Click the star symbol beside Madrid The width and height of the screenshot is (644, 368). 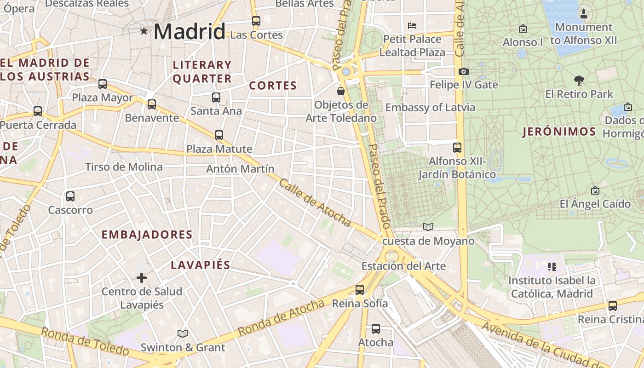pos(144,31)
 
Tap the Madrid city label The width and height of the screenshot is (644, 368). pos(189,31)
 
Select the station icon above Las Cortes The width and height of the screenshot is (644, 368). pos(256,21)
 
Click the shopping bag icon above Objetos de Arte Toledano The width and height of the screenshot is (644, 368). pos(341,91)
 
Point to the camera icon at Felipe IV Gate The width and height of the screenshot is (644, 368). pos(463,71)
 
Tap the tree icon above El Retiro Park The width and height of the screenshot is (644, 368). pos(579,80)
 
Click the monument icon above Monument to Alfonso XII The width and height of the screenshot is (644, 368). pos(584,13)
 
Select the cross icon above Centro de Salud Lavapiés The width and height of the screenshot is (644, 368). pos(142,277)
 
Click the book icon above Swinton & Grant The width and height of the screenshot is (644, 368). pos(183,333)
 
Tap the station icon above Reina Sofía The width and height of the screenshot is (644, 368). pos(360,290)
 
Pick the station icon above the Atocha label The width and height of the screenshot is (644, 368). pos(376,329)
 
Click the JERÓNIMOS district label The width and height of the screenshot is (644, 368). pos(559,132)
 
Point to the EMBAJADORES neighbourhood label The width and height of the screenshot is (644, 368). pos(147,235)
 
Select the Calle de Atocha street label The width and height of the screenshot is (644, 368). pos(315,202)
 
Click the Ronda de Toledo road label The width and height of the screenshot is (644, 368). pos(85,341)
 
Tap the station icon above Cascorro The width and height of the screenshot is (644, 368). pos(70,196)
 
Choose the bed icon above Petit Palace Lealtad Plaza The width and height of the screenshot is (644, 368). pos(412,25)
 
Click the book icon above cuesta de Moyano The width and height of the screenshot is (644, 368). pos(428,227)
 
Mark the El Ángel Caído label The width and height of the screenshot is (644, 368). pos(595,204)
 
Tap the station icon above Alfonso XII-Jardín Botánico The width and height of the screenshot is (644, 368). pos(457,148)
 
